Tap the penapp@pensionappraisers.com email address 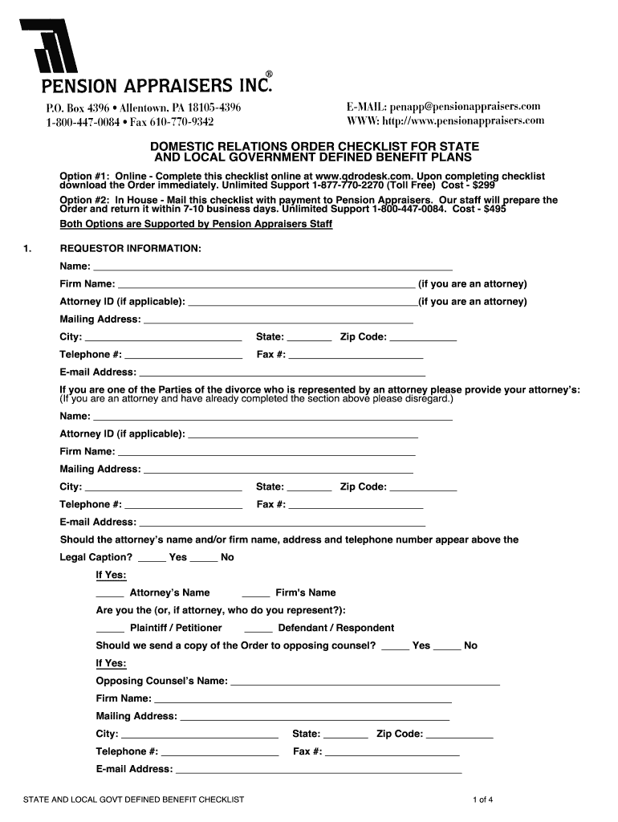click(x=466, y=107)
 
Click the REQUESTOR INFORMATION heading click(x=130, y=248)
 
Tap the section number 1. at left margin click(x=28, y=248)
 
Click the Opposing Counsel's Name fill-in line click(x=365, y=683)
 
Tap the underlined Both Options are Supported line click(x=196, y=224)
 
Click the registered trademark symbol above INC click(x=270, y=74)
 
